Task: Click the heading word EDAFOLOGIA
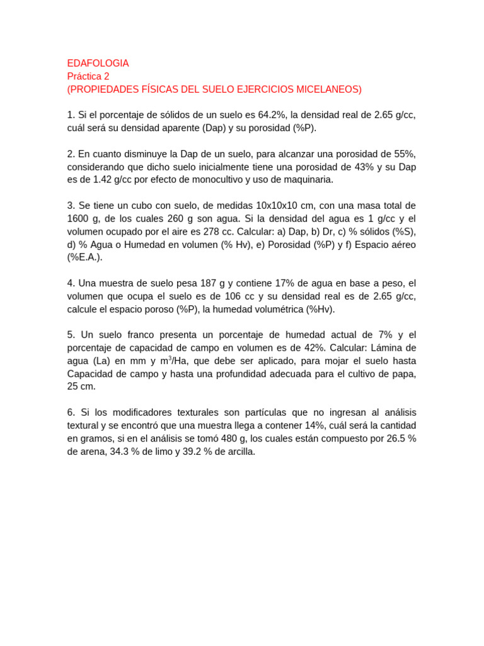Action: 98,63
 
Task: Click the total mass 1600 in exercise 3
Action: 79,218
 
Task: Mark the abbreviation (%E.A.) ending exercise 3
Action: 84,257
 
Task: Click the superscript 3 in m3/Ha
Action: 170,358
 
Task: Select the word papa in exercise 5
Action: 403,373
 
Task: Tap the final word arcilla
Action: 238,452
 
